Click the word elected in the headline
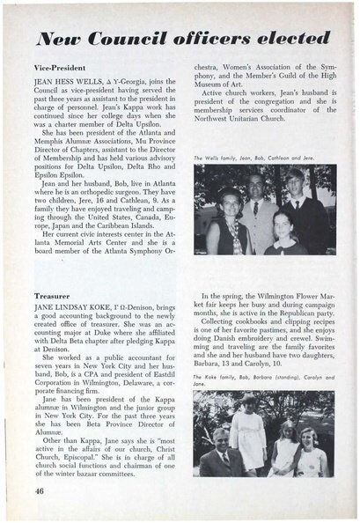[x=295, y=38]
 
